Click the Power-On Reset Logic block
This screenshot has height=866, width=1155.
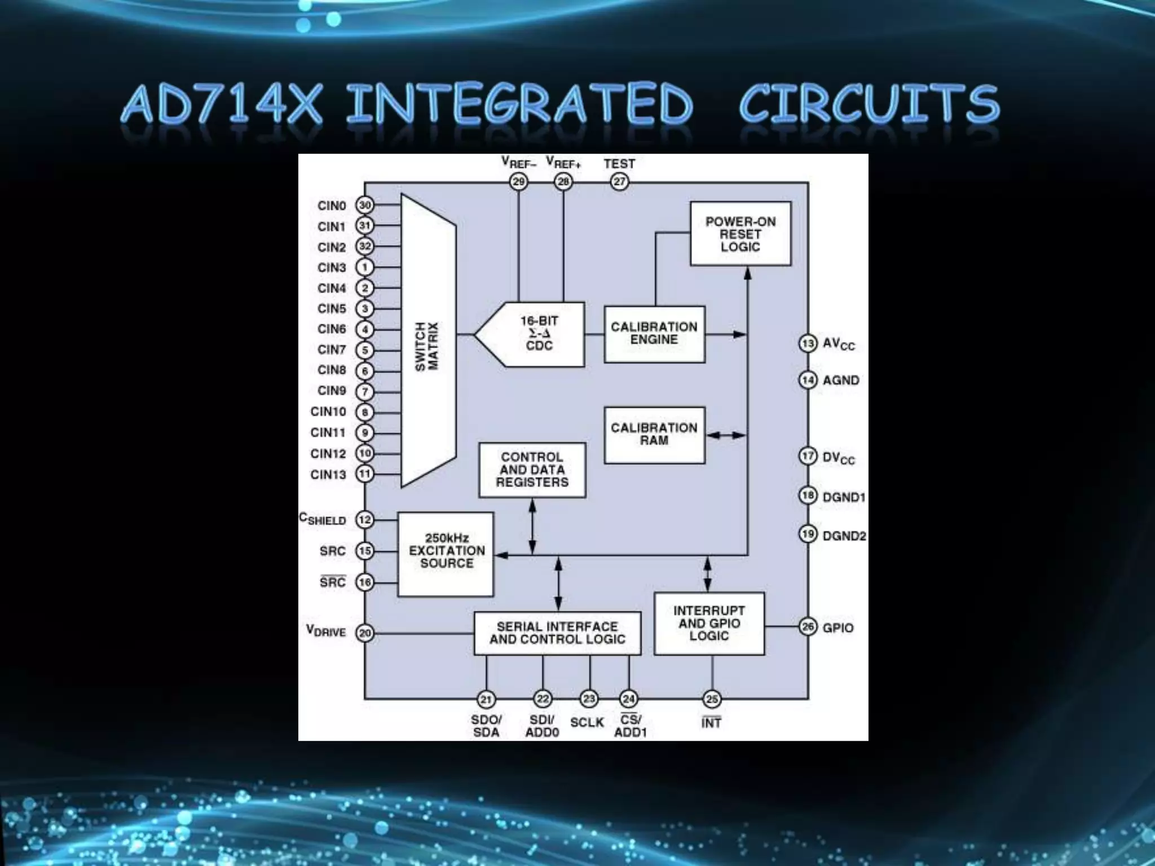[740, 234]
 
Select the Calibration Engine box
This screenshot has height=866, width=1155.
[654, 334]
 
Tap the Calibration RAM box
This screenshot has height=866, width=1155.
[654, 435]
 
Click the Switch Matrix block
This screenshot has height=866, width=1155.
[428, 341]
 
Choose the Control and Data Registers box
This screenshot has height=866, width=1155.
[532, 470]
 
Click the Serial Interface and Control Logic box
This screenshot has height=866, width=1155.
[557, 633]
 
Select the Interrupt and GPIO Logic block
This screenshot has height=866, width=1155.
[709, 623]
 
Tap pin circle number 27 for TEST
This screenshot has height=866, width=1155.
[619, 182]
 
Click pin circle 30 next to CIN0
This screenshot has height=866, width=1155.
[365, 205]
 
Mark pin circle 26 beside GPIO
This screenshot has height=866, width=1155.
[808, 627]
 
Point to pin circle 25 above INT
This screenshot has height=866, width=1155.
[712, 699]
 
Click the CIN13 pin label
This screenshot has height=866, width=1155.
[328, 475]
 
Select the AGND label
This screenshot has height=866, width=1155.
[841, 381]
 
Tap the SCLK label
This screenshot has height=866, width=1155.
[587, 723]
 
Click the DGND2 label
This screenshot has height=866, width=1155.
[844, 536]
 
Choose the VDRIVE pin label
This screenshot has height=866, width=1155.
[326, 631]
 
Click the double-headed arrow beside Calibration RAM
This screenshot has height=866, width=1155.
[726, 435]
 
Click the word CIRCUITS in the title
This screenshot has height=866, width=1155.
[869, 104]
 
